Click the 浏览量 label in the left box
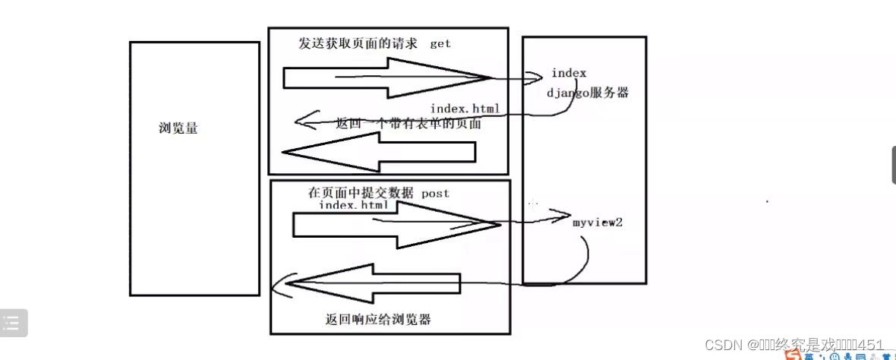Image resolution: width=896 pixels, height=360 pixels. click(178, 129)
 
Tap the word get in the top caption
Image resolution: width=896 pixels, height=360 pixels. click(440, 43)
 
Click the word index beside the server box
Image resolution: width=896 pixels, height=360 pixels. click(569, 73)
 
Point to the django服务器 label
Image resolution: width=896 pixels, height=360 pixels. click(588, 93)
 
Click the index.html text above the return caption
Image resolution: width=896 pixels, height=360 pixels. click(465, 109)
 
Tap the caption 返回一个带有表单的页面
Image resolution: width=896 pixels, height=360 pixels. click(409, 124)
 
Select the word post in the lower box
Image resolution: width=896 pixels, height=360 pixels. click(435, 193)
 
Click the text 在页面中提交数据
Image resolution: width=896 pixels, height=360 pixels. click(361, 193)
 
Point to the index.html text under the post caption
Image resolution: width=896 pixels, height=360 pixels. click(354, 205)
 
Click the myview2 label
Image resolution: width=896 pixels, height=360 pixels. click(598, 223)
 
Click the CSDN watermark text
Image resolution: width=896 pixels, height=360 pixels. click(793, 345)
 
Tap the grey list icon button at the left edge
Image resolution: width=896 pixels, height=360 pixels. click(13, 324)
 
